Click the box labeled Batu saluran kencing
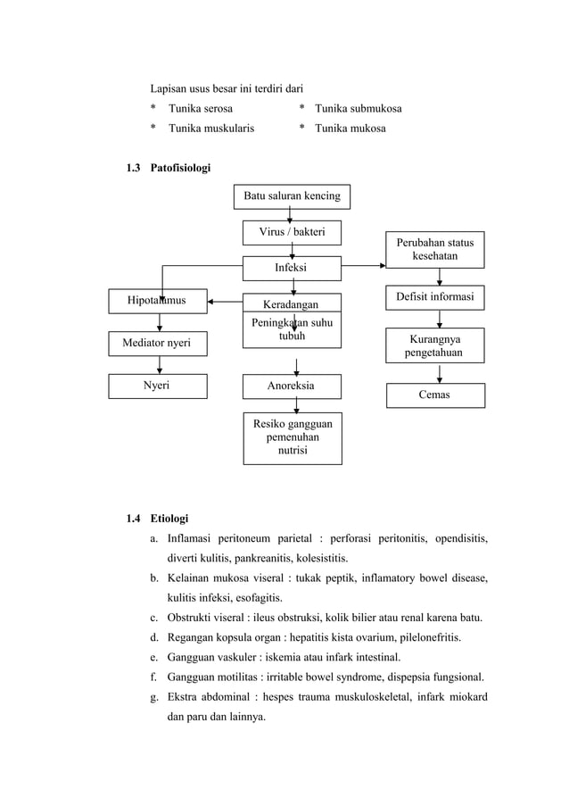[x=292, y=195]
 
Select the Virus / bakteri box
[x=292, y=233]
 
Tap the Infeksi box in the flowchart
[x=292, y=267]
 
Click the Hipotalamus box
[x=157, y=301]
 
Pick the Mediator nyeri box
[x=157, y=342]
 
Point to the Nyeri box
[x=157, y=386]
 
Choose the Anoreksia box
[x=292, y=386]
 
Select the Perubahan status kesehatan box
[x=435, y=249]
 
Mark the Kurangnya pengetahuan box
[x=435, y=346]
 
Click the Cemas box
[x=435, y=395]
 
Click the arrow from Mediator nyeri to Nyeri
[x=159, y=364]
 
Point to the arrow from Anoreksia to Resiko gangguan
[x=295, y=404]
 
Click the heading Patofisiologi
[x=181, y=167]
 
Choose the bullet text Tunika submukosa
[x=358, y=109]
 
